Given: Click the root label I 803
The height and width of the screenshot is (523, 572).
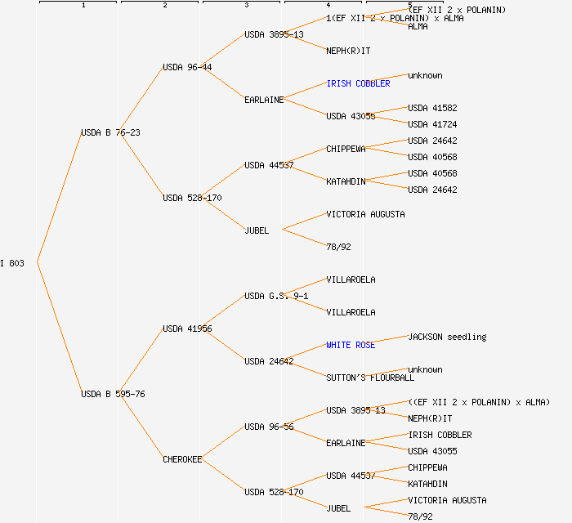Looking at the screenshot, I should (x=12, y=263).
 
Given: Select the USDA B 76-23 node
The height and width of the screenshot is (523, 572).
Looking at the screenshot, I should (x=110, y=132).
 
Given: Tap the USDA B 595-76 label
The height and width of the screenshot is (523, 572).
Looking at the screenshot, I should (x=113, y=394).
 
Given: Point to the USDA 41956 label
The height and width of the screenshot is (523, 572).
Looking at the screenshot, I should (x=187, y=329).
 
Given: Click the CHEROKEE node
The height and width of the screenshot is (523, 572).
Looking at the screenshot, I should (x=182, y=459).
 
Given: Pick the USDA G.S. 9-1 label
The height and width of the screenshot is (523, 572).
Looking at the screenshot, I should (x=276, y=296).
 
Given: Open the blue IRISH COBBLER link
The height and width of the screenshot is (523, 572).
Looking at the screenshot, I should (x=358, y=83).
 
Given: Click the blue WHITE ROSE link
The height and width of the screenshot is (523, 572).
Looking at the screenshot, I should (x=351, y=345).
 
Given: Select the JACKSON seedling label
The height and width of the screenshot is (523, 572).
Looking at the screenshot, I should (x=447, y=337).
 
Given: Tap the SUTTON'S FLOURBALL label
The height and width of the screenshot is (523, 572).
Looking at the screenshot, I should (x=370, y=378).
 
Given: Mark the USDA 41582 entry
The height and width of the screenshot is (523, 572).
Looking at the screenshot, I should (x=432, y=108).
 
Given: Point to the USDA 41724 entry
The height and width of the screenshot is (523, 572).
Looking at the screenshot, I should (x=432, y=124).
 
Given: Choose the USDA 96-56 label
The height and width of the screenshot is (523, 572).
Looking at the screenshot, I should (x=269, y=427).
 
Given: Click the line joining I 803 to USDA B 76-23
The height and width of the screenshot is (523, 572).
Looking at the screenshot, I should (x=59, y=197).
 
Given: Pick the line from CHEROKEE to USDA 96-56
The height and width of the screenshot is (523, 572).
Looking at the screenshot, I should (x=223, y=443).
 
